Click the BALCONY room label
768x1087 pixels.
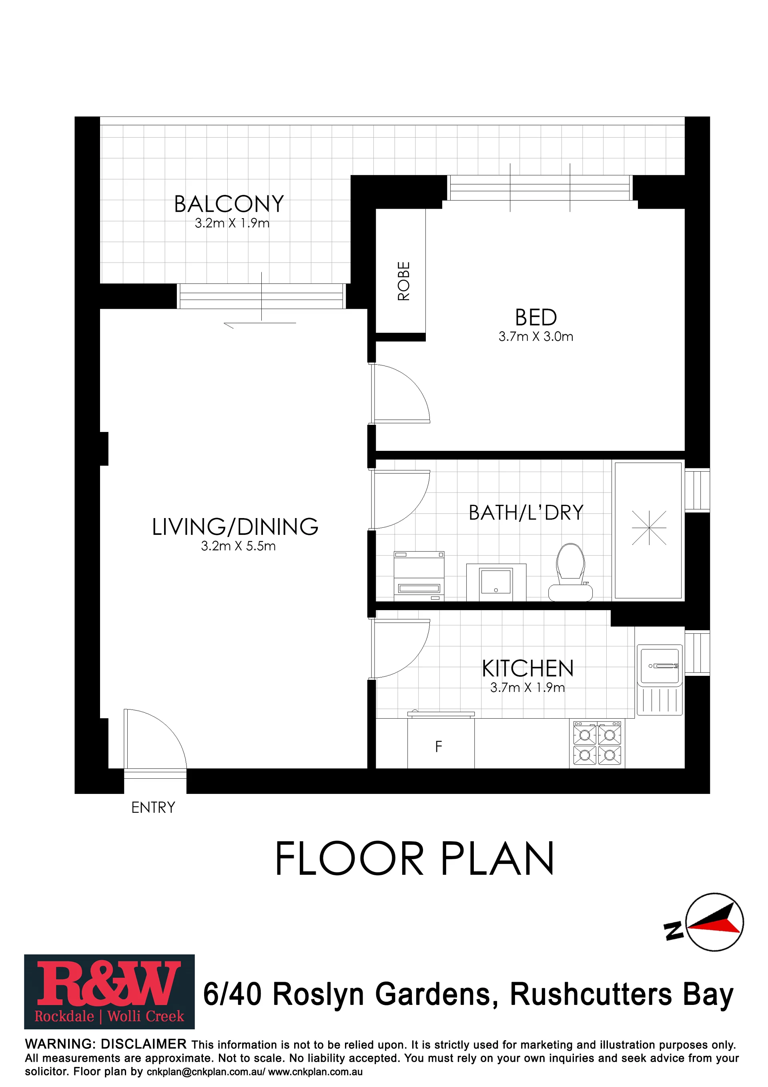click(x=229, y=204)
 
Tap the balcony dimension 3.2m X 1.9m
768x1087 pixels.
click(x=232, y=223)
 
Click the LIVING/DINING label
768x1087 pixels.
click(x=235, y=526)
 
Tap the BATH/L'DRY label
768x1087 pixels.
click(x=526, y=513)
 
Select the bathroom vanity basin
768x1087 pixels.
click(x=496, y=582)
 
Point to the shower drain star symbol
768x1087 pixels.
click(x=649, y=528)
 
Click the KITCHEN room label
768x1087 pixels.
click(x=527, y=669)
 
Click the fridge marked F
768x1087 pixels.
click(x=441, y=742)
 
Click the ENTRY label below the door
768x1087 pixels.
click(x=153, y=807)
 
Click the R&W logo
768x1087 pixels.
click(x=109, y=991)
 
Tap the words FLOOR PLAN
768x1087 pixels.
click(x=415, y=858)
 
